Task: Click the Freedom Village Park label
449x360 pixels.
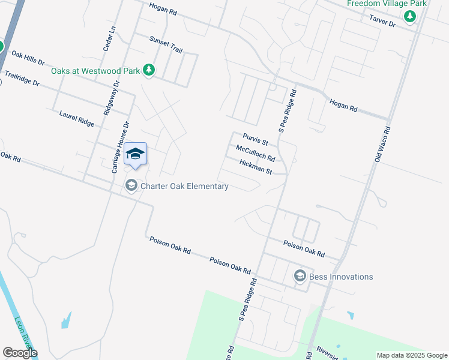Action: point(387,4)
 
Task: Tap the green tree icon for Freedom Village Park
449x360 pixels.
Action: point(411,17)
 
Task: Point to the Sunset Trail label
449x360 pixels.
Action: point(166,44)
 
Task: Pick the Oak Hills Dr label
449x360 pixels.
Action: point(28,58)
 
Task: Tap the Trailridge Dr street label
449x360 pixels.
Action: point(22,79)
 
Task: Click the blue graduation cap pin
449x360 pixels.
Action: point(135,154)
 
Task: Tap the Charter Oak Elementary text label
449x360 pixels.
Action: point(184,186)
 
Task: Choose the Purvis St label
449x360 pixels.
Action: point(255,139)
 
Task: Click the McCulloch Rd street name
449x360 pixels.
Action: point(255,154)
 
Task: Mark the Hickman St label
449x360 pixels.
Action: point(255,167)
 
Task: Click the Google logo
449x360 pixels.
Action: point(20,353)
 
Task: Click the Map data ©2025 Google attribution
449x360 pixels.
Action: point(412,355)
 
